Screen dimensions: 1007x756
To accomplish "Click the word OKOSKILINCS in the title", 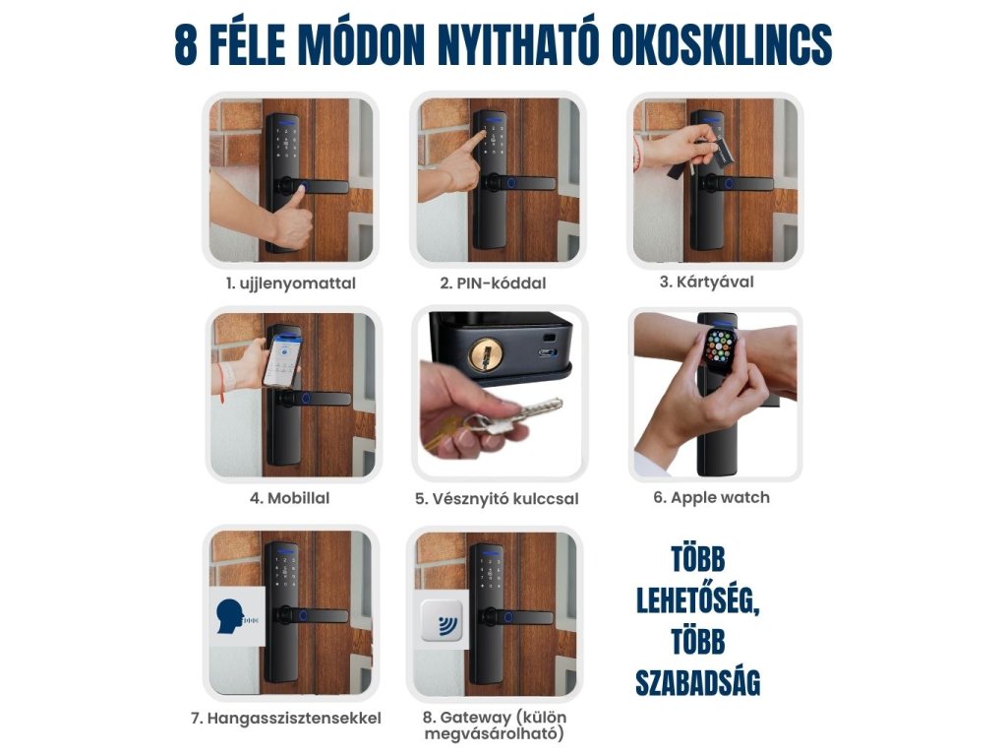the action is pos(721,45).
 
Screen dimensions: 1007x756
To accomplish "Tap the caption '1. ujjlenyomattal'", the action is pos(290,283).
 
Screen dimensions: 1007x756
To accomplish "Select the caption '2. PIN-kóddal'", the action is pos(493,283).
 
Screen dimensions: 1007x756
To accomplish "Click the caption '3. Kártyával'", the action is pos(706,282).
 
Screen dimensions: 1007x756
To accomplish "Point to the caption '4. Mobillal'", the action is pos(290,498).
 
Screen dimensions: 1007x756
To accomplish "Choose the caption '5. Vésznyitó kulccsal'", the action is pos(497,499).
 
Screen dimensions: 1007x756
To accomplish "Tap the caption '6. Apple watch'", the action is pos(712,497).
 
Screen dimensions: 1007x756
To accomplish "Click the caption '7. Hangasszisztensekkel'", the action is pos(286,718).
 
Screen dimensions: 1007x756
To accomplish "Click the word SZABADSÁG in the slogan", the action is pos(698,682).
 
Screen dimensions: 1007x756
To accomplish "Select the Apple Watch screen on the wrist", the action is pos(722,349).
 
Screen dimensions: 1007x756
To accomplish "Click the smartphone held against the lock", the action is pos(282,362).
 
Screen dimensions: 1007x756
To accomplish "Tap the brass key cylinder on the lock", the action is pos(486,353).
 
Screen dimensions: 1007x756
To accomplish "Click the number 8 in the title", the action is pos(186,45).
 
